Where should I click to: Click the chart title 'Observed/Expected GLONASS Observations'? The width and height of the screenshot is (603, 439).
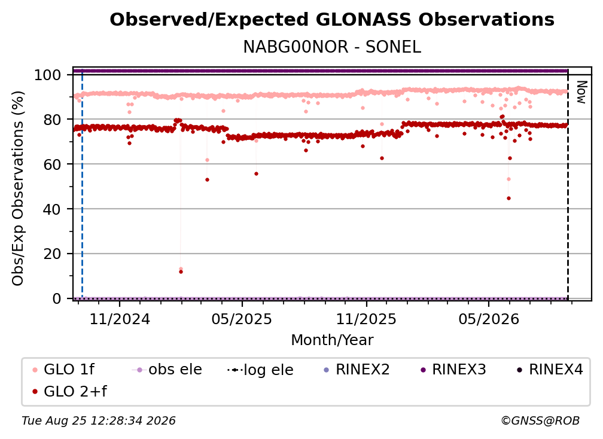[x=332, y=20]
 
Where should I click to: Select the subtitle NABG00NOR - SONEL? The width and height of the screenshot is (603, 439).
[x=332, y=47]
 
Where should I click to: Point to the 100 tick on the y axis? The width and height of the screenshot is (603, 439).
[x=47, y=75]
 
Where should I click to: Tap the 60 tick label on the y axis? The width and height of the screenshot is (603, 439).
[x=52, y=164]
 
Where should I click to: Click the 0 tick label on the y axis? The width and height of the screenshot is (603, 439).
[x=56, y=298]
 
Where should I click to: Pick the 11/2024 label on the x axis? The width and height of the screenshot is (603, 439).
[x=120, y=319]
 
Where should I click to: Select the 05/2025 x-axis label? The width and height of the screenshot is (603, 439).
[x=242, y=319]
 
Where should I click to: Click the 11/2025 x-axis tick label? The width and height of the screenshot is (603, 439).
[x=366, y=319]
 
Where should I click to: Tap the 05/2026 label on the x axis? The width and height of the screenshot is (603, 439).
[x=488, y=319]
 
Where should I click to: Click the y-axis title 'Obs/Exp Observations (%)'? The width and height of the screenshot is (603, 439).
[x=18, y=188]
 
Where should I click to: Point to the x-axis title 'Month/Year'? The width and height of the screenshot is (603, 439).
[x=332, y=340]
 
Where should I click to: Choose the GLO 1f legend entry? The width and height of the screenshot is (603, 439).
[x=63, y=370]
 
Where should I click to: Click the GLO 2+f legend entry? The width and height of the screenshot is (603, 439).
[x=69, y=391]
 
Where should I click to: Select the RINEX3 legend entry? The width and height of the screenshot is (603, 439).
[x=453, y=370]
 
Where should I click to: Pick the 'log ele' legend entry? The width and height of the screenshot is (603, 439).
[x=260, y=370]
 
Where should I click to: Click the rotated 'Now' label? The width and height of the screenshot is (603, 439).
[x=581, y=92]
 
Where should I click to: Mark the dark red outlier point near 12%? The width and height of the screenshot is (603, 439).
[x=181, y=272]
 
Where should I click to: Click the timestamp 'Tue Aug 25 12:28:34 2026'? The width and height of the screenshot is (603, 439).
[x=99, y=420]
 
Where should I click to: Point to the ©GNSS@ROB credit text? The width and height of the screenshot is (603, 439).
[x=540, y=420]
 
